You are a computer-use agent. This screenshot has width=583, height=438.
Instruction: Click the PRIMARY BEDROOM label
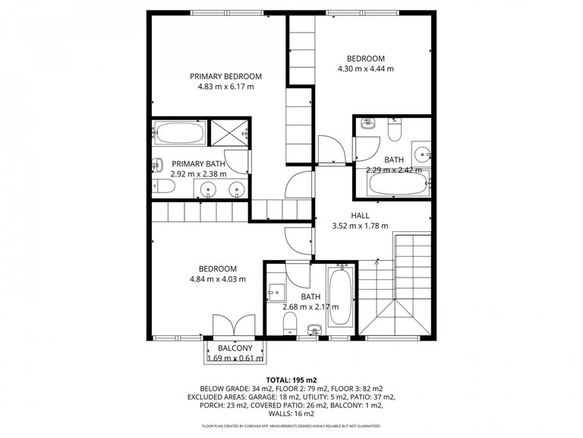point(225,76)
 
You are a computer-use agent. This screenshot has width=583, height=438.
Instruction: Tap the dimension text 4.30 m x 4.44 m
point(365,69)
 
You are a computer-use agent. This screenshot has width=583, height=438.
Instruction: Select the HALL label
point(360,215)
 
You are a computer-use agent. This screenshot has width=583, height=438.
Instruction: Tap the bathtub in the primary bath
point(179,134)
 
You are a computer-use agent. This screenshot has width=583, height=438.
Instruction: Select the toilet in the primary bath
point(161,186)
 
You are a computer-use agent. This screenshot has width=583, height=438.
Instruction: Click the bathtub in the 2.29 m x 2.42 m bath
point(398,182)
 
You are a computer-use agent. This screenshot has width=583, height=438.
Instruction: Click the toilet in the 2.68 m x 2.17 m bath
point(288,326)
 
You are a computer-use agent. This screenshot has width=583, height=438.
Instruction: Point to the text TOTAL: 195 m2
point(291,379)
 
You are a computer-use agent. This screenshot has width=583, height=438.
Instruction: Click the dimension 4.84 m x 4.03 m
point(218,279)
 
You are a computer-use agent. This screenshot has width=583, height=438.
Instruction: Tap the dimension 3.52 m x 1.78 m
point(360,226)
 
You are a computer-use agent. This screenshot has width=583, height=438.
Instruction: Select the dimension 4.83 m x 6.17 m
point(225,87)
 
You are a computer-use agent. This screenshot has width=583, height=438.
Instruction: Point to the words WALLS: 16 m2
point(291,416)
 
